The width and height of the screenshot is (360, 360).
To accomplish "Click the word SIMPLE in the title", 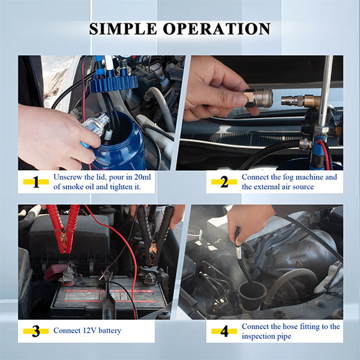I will tap(125, 29).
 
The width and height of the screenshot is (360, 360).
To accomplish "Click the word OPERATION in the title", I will tap(217, 29).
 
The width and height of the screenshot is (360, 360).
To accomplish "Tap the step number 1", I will tap(36, 182).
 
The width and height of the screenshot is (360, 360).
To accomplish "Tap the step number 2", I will tap(223, 182).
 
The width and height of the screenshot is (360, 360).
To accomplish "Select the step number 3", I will tap(36, 331).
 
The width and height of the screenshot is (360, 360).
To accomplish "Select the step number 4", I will tap(223, 331).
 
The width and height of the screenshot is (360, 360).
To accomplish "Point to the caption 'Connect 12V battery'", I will tap(88, 331).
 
